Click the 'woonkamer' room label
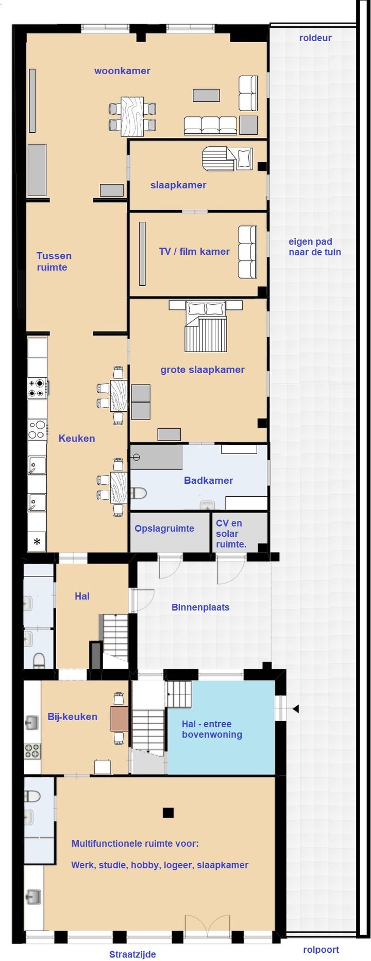coord(122,71)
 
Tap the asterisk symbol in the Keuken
coord(37,541)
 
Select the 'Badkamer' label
coord(208,480)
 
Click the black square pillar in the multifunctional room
coord(168,813)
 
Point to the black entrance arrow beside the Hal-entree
coord(296,709)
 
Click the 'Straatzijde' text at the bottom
coord(132,954)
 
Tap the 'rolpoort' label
coord(321,950)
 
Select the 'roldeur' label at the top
coord(315,38)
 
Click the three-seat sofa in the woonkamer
coord(210,126)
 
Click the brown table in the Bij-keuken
coord(119,719)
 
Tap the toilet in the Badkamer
coord(138,493)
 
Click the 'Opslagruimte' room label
coord(164,529)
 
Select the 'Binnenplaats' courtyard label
coord(200,607)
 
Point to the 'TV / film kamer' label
coord(194,252)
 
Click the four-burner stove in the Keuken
coord(37,388)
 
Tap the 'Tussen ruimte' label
coord(54,261)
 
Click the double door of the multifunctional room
coord(207,927)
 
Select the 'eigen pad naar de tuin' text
coord(314,247)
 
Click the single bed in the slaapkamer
coord(227,159)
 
